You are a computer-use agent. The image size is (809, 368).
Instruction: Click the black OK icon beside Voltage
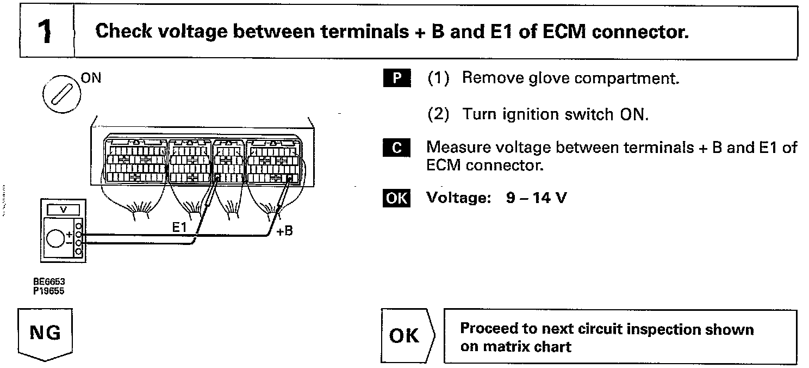coord(396,198)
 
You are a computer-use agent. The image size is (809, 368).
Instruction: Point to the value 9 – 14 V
coord(536,198)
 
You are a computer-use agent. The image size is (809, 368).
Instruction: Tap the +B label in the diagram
coord(284,231)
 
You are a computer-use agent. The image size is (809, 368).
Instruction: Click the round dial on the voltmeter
coord(55,239)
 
